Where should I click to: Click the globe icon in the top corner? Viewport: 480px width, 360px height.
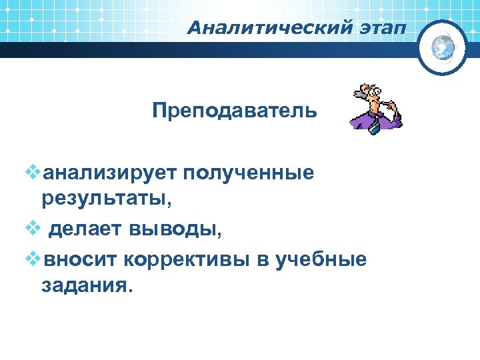(x=442, y=47)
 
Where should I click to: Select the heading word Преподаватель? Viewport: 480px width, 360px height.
(x=235, y=109)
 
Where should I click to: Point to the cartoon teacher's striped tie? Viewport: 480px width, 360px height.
(x=375, y=124)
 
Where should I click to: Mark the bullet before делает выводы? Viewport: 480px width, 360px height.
(x=32, y=229)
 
